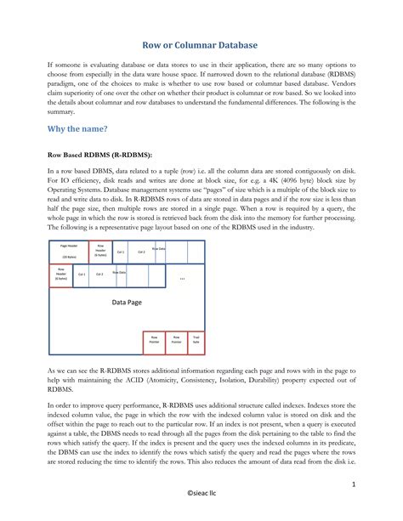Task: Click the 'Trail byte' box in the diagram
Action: pyautogui.click(x=196, y=339)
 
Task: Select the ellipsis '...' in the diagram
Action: pyautogui.click(x=182, y=277)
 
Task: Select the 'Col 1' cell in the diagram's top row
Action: pyautogui.click(x=121, y=252)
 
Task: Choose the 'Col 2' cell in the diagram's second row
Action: pyautogui.click(x=99, y=275)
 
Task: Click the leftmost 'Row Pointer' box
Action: pyautogui.click(x=154, y=339)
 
